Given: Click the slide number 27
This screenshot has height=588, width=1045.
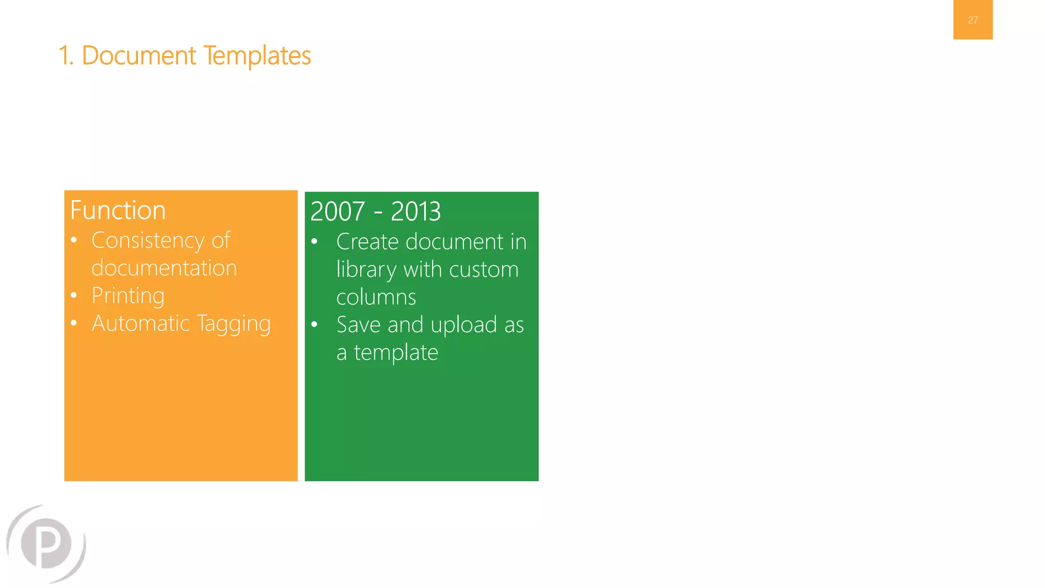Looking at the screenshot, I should [973, 20].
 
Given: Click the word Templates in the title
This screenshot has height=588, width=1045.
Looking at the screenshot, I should [257, 56].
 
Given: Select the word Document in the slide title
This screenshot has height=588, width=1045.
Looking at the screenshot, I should [138, 56].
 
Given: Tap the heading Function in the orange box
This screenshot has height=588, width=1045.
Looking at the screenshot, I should [118, 210].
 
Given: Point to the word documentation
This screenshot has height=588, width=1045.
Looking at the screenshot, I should [164, 268].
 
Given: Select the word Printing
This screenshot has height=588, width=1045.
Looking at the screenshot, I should [128, 296].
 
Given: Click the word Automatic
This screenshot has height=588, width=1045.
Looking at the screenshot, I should [140, 323].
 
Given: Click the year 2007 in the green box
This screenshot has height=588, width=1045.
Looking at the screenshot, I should [337, 211].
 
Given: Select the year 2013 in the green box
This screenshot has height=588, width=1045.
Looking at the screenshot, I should [415, 211].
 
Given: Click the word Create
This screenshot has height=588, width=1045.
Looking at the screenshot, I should [367, 241].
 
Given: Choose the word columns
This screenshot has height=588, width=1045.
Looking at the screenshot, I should [376, 297].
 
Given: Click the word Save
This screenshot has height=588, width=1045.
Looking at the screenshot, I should [358, 325].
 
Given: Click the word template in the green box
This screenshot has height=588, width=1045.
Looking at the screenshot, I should [396, 353].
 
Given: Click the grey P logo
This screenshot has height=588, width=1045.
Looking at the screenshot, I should [46, 544].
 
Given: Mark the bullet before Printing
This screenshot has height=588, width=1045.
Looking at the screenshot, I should [74, 295].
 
